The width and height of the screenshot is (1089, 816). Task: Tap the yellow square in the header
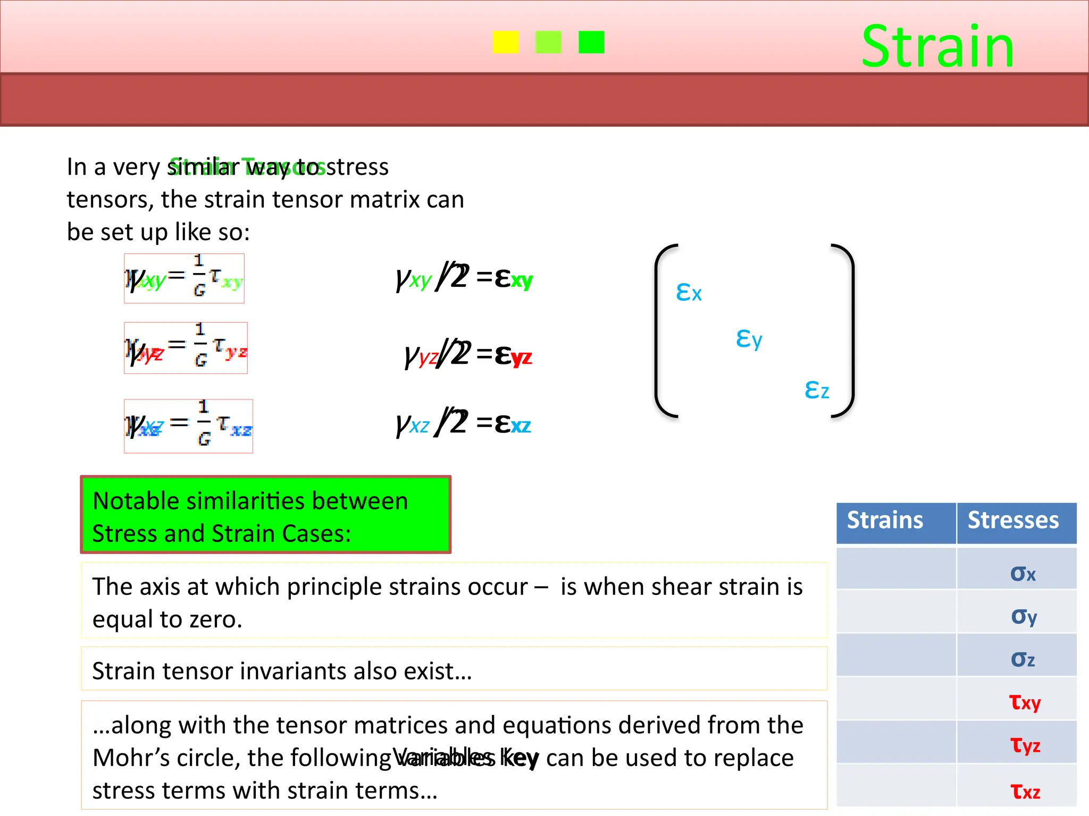pyautogui.click(x=505, y=42)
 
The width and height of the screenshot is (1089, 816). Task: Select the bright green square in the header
pyautogui.click(x=591, y=42)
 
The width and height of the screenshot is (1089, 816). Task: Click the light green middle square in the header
pyautogui.click(x=548, y=42)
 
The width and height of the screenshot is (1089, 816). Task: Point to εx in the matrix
pyautogui.click(x=689, y=292)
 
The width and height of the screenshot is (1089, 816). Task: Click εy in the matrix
pyautogui.click(x=749, y=338)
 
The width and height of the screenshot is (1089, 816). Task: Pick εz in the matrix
pyautogui.click(x=816, y=389)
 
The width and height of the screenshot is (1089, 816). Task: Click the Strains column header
pyautogui.click(x=885, y=520)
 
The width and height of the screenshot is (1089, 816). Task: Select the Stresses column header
pyautogui.click(x=1013, y=520)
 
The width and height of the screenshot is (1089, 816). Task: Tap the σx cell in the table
pyautogui.click(x=1023, y=573)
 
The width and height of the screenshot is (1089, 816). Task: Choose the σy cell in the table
pyautogui.click(x=1024, y=616)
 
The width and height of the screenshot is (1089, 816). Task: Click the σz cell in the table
pyautogui.click(x=1023, y=659)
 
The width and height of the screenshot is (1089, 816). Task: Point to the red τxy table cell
pyautogui.click(x=1025, y=702)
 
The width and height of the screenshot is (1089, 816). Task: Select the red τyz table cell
pyautogui.click(x=1025, y=745)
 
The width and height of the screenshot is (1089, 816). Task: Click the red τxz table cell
pyautogui.click(x=1025, y=791)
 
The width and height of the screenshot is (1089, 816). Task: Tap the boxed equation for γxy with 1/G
pyautogui.click(x=184, y=278)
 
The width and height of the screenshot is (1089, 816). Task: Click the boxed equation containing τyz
pyautogui.click(x=186, y=348)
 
